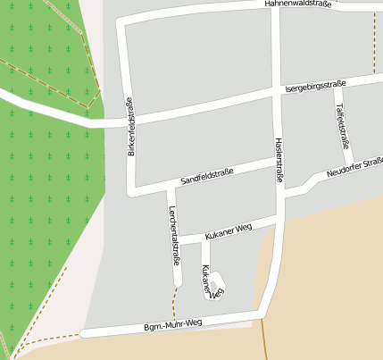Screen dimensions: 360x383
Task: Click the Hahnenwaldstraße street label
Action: click(x=297, y=4)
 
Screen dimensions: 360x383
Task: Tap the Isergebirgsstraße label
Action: click(x=314, y=87)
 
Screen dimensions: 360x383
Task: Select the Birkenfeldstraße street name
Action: click(x=130, y=127)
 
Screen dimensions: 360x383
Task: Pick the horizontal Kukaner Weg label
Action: click(x=228, y=231)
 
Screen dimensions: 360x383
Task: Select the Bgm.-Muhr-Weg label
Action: click(x=173, y=323)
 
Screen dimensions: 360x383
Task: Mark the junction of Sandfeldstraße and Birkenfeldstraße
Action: click(x=134, y=190)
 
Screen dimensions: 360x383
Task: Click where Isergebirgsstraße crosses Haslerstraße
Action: click(x=276, y=91)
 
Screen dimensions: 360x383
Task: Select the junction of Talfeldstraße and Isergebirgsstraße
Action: click(x=336, y=83)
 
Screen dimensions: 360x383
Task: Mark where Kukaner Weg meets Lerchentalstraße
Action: click(x=176, y=243)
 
